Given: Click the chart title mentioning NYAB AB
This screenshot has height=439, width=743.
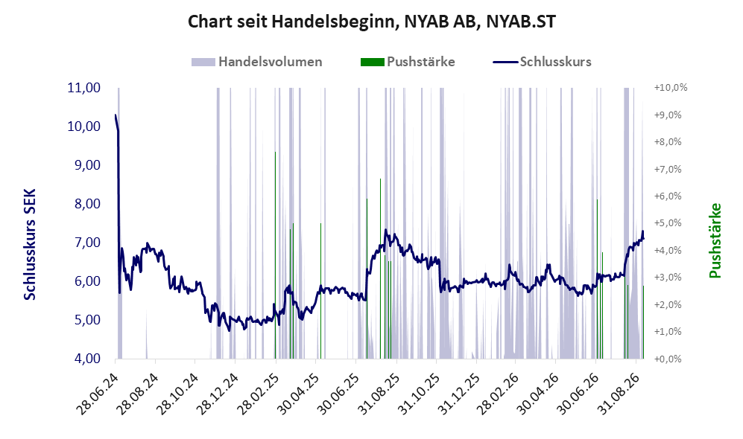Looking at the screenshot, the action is (371, 22).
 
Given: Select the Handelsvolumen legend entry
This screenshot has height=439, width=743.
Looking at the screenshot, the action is (257, 62).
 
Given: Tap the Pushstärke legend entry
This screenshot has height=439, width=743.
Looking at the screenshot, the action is (408, 62).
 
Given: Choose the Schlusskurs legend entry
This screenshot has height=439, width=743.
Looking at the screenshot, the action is (542, 62).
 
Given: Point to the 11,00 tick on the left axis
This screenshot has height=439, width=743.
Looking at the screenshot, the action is (84, 88).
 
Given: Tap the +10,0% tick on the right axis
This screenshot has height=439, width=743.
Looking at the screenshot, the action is (671, 88).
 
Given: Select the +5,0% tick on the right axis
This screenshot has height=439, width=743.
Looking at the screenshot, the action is (668, 222).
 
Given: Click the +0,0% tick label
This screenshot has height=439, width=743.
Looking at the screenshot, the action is (668, 359).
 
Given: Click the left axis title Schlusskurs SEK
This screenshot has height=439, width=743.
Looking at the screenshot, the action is (30, 245).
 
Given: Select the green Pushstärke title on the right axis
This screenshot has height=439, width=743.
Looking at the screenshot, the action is (715, 240).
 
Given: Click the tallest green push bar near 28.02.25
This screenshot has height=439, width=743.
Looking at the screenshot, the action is (275, 255).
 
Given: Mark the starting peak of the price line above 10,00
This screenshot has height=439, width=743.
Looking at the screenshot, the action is (116, 115).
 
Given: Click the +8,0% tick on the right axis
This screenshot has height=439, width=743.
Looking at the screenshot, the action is (668, 141).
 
